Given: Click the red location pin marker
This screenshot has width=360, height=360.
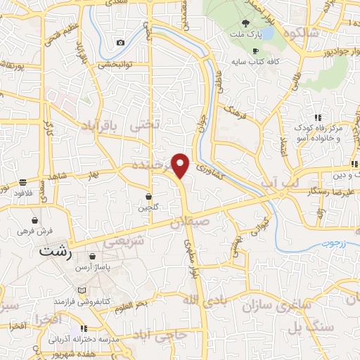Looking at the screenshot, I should (181, 165).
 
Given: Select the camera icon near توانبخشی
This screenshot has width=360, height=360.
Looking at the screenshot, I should (121, 43).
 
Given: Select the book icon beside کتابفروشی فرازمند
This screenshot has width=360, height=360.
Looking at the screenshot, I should (83, 290).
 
